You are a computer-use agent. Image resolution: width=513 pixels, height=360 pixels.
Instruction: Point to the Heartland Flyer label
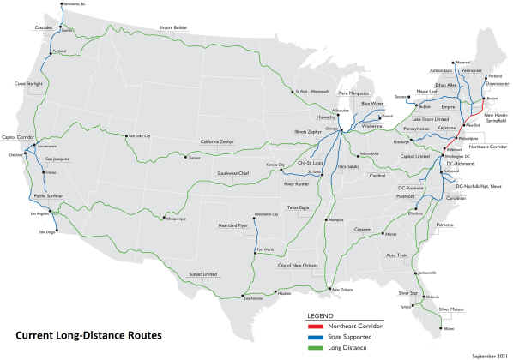point(231,225)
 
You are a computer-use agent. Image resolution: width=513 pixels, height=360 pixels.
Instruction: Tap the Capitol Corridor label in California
point(19,136)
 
